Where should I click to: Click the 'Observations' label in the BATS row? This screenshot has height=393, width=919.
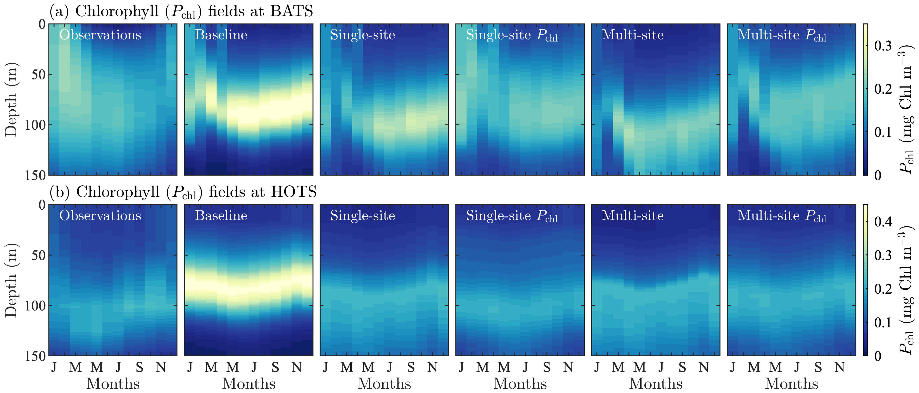tap(100, 35)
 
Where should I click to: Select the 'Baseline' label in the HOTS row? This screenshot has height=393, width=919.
tap(221, 216)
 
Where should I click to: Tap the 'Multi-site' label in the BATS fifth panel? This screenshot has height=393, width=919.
tap(632, 35)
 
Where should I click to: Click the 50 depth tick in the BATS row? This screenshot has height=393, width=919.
tap(38, 74)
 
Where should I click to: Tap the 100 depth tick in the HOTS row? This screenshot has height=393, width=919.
tap(35, 306)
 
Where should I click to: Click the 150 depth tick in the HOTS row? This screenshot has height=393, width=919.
tap(35, 356)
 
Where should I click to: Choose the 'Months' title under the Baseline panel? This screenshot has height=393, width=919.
tap(249, 384)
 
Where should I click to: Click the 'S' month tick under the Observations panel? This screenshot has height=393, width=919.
tap(140, 367)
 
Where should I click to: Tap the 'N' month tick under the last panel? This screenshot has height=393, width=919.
tap(840, 367)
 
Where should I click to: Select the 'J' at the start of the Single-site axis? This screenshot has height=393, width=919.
tap(325, 367)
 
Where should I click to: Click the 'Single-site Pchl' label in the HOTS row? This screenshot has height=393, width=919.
tap(511, 216)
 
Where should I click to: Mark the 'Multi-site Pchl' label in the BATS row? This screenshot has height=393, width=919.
tap(782, 35)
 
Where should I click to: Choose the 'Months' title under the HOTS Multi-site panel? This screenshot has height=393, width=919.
tap(656, 384)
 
